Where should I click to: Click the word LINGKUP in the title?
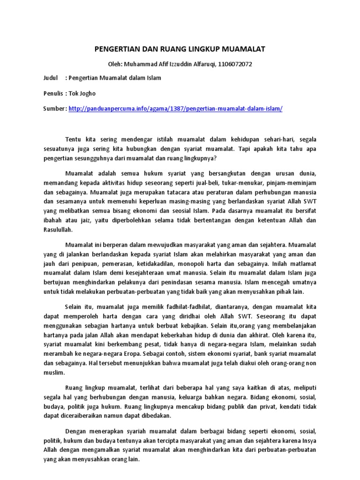click(207, 49)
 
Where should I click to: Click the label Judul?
click(51, 78)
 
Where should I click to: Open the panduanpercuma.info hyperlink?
click(175, 108)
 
